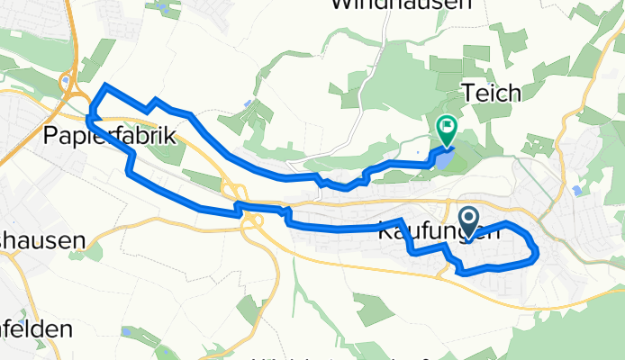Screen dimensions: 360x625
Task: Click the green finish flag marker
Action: (x=446, y=129)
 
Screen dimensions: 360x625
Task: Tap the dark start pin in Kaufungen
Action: (x=470, y=219)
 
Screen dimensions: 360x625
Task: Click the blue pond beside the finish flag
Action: (x=445, y=158)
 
